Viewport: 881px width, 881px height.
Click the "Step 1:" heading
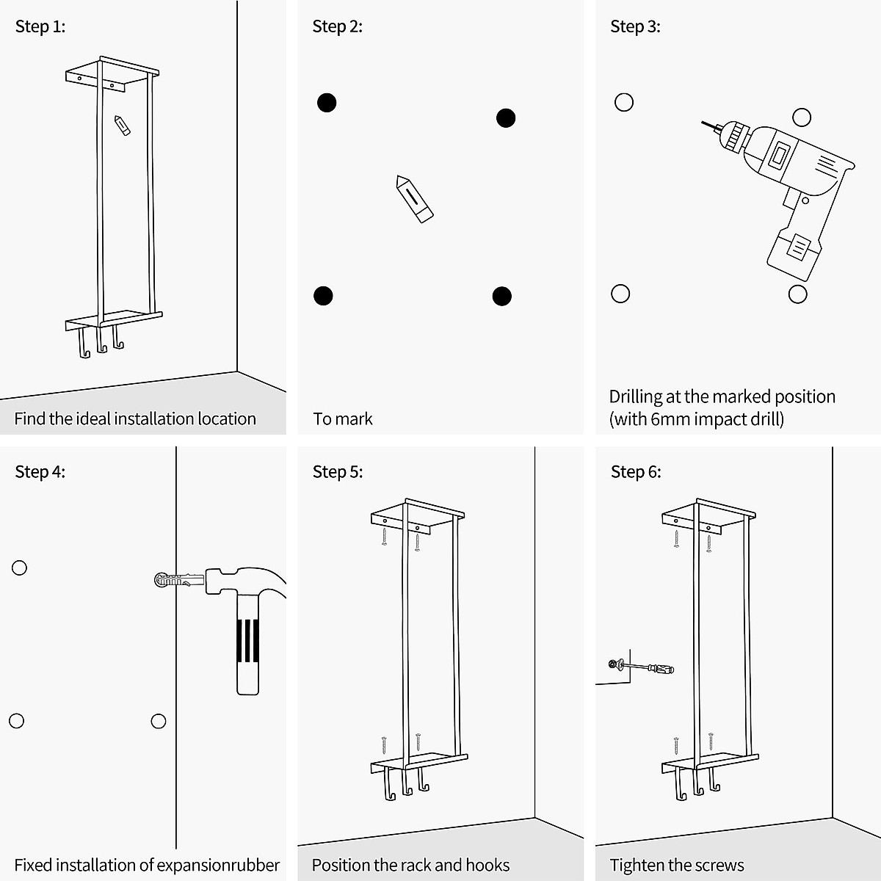pyautogui.click(x=40, y=27)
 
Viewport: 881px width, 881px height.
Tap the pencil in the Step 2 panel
pyautogui.click(x=414, y=199)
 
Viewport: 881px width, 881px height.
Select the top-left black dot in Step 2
pyautogui.click(x=327, y=103)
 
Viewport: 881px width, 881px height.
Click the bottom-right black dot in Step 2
pyautogui.click(x=502, y=297)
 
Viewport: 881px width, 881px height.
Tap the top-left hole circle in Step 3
pyautogui.click(x=624, y=102)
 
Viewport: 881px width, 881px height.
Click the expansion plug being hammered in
pyautogui.click(x=176, y=580)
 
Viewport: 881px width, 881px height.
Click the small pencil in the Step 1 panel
pyautogui.click(x=122, y=125)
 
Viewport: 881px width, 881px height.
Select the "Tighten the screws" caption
pyautogui.click(x=677, y=866)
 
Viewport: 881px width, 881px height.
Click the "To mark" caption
pyautogui.click(x=343, y=419)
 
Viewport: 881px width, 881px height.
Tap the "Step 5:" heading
pyautogui.click(x=338, y=472)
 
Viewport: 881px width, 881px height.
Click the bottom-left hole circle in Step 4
pyautogui.click(x=17, y=721)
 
